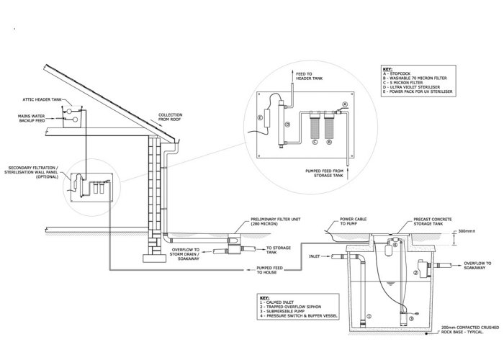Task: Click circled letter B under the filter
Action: coord(328,143)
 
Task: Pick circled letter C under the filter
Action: coord(313,143)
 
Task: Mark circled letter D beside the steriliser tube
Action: coord(288,124)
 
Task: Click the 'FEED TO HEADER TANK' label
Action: coord(310,76)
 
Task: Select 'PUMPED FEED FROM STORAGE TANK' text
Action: coord(327,174)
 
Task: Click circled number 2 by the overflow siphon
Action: coord(416,273)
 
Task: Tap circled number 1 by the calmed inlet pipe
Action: coord(369,315)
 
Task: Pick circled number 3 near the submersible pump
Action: coord(412,317)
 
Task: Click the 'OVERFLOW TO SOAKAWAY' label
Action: coord(479,266)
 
